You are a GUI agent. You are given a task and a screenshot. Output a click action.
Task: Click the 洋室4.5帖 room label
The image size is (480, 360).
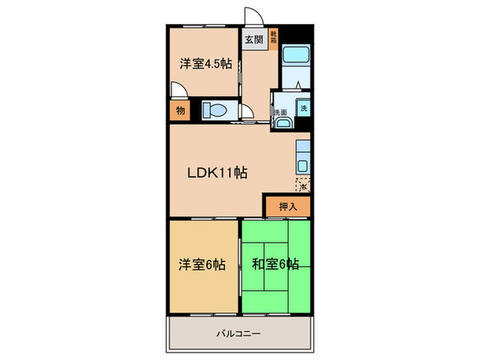[x=206, y=64]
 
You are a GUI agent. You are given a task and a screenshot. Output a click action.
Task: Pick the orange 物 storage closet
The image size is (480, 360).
[x=180, y=110]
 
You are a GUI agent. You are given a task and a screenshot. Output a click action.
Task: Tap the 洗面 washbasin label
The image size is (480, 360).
[x=280, y=112]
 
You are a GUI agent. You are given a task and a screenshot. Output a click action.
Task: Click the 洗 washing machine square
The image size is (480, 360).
[x=303, y=107]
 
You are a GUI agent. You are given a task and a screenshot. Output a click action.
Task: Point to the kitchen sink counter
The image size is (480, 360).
[x=302, y=158]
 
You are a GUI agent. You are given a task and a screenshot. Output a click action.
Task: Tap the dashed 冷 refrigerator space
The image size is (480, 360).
[x=302, y=184]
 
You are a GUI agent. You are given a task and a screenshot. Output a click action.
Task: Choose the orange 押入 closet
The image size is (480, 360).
[x=287, y=206]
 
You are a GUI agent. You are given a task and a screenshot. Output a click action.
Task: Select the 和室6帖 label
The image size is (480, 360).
[x=275, y=264]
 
